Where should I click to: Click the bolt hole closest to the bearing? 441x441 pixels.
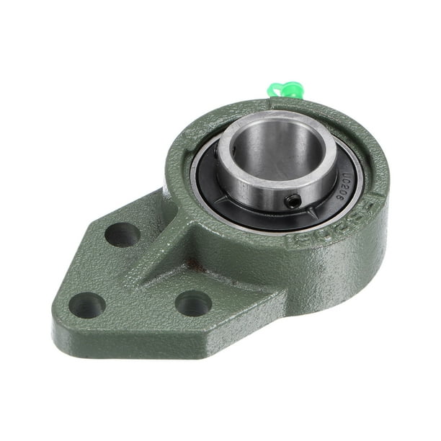pos(122,234)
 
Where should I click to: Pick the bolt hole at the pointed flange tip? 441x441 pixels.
pos(87,304)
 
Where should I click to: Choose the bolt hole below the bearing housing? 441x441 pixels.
pos(193,303)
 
